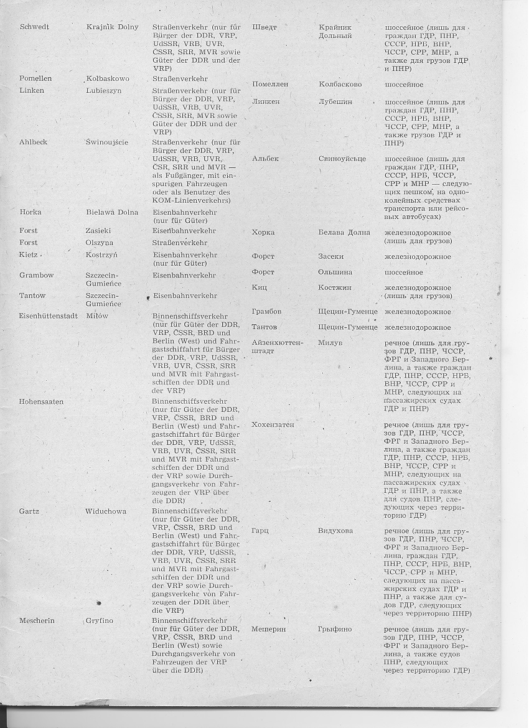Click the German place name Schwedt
point(35,27)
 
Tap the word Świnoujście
point(107,142)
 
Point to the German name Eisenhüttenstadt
point(49,315)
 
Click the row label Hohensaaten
point(42,401)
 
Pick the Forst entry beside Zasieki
point(29,230)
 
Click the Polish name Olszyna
point(101,242)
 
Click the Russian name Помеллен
point(273,84)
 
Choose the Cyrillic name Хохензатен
point(273,424)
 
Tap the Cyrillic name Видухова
point(335,531)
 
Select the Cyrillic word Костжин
point(335,287)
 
